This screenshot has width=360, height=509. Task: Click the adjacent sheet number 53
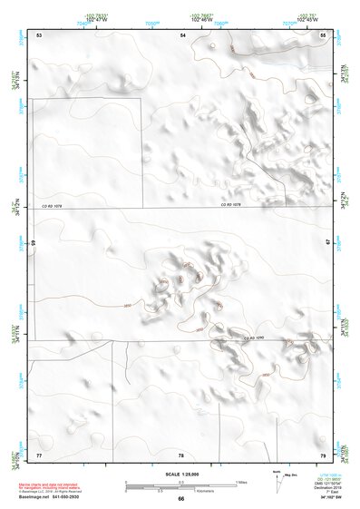pyautogui.click(x=39, y=34)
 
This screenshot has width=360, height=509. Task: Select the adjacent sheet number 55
pyautogui.click(x=324, y=34)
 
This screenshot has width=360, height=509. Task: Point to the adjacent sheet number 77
pyautogui.click(x=39, y=454)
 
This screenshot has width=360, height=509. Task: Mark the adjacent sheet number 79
pyautogui.click(x=323, y=454)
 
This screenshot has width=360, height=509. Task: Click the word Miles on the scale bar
pyautogui.click(x=240, y=481)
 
